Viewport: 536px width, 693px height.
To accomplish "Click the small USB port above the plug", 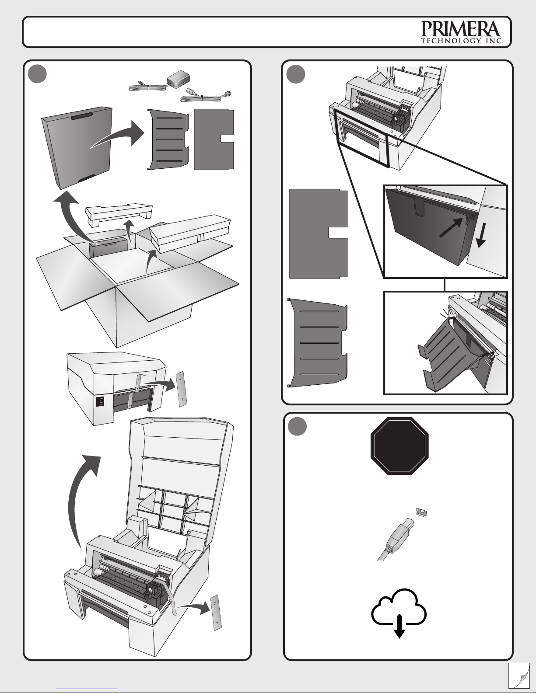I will click(421, 512).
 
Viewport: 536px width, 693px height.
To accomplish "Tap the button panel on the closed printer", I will click(101, 401).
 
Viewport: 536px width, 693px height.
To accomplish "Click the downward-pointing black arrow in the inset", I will click(480, 239).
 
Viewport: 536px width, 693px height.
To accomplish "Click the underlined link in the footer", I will click(87, 688).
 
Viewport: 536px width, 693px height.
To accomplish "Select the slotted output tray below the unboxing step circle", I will click(167, 139).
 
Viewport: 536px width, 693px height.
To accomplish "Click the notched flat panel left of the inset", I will click(317, 233).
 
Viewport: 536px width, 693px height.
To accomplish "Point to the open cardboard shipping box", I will click(136, 280).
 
